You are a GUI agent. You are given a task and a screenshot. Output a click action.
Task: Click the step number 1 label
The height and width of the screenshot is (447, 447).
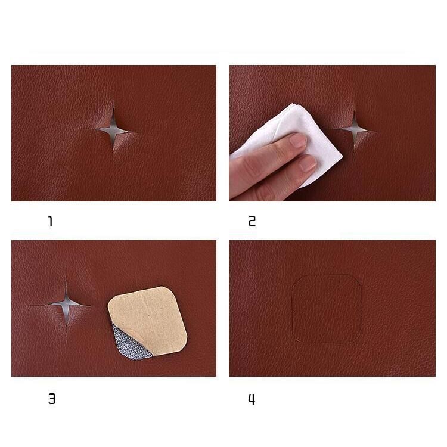51,221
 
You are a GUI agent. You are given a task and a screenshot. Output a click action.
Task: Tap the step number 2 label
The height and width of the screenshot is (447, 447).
252,222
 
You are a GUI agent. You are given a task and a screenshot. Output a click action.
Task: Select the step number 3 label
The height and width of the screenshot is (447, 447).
52,399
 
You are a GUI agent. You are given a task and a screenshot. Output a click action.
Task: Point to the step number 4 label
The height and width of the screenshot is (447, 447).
252,399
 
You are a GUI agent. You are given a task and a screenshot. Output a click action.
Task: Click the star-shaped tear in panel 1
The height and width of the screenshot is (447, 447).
113,130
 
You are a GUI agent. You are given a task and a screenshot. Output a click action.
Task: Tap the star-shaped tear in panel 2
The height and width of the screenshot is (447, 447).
355,130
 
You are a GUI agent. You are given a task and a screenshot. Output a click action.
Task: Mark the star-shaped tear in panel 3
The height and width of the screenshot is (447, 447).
66,305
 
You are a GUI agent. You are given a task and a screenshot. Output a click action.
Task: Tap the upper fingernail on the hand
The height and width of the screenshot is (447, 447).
298,140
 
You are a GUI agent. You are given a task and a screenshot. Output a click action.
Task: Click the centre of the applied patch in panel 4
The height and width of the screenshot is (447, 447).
327,309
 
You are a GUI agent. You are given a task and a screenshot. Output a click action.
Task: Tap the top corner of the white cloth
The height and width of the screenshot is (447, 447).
292,104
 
